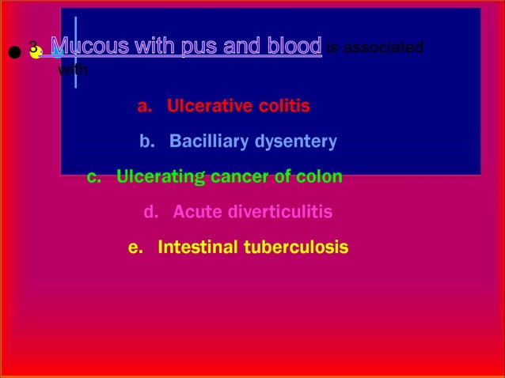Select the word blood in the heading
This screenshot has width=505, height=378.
[294, 47]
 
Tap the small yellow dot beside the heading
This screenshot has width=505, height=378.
[36, 52]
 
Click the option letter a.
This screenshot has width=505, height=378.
[143, 107]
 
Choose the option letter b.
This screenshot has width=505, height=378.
[146, 142]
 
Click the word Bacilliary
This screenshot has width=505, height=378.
[209, 142]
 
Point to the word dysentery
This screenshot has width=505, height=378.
[295, 142]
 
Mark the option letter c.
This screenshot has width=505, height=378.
[93, 177]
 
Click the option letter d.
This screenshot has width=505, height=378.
[150, 213]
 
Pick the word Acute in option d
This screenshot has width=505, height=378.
[195, 213]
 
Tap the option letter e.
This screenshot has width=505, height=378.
[135, 248]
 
